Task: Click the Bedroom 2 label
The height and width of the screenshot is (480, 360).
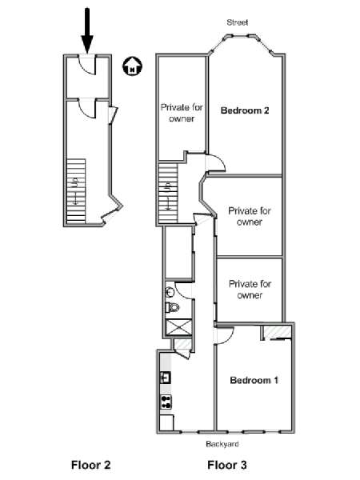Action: pyautogui.click(x=245, y=110)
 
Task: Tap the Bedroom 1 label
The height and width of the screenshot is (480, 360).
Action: pyautogui.click(x=254, y=380)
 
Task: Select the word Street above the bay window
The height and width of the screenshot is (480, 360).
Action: pyautogui.click(x=238, y=22)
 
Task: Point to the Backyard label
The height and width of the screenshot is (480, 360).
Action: pyautogui.click(x=222, y=444)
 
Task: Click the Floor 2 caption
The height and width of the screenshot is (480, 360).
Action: pyautogui.click(x=90, y=465)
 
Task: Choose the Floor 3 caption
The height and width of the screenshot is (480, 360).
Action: pyautogui.click(x=227, y=465)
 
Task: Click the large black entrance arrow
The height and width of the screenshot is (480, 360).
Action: pyautogui.click(x=87, y=30)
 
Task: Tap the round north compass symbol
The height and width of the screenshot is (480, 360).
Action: pyautogui.click(x=132, y=66)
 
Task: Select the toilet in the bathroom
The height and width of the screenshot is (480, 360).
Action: pyautogui.click(x=171, y=307)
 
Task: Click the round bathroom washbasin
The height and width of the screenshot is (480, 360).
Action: pyautogui.click(x=170, y=292)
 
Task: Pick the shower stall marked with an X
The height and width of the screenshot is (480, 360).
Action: pyautogui.click(x=178, y=327)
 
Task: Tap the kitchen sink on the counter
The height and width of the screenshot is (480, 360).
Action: pyautogui.click(x=166, y=378)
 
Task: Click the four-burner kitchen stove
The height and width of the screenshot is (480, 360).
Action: pyautogui.click(x=166, y=402)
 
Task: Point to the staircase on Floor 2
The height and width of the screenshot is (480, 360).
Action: pyautogui.click(x=76, y=190)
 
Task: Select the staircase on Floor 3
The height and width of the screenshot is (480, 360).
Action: pyautogui.click(x=168, y=194)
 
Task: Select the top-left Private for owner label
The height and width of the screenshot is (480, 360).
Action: pyautogui.click(x=182, y=113)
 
